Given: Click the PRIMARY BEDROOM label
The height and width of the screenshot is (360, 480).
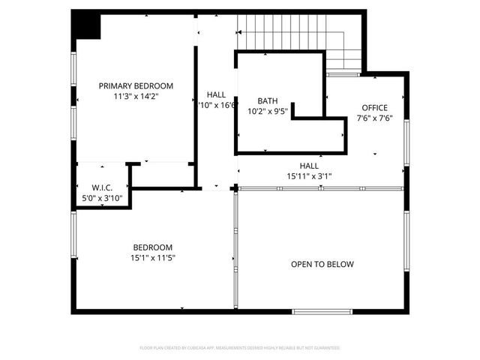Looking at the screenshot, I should click(x=136, y=85).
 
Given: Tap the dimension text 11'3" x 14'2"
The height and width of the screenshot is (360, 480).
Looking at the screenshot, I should click(x=136, y=96).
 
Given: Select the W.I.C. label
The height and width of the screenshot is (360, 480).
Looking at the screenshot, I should click(x=102, y=187).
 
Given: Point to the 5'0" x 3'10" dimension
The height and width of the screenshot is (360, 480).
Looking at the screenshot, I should click(x=102, y=198).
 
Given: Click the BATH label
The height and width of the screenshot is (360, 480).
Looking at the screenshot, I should click(x=268, y=100).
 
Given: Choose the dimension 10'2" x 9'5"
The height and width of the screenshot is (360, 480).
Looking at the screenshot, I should click(x=268, y=111).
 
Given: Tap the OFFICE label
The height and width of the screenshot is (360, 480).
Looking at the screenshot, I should click(x=374, y=107).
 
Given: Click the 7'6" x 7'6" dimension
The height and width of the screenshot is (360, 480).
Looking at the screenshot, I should click(x=374, y=118).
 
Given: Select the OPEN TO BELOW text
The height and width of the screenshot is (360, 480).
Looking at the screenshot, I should click(x=322, y=264).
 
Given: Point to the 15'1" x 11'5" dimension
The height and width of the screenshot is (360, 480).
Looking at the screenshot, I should click(x=153, y=258).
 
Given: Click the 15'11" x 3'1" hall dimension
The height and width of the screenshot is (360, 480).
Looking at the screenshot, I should click(x=309, y=176).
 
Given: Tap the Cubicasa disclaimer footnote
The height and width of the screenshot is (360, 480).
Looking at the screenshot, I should click(x=240, y=348).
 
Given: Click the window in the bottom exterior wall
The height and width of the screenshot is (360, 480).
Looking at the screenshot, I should click(x=322, y=311).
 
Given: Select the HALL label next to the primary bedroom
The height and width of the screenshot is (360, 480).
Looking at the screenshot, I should click(x=216, y=94).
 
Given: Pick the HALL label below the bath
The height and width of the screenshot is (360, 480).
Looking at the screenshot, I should click(x=309, y=166).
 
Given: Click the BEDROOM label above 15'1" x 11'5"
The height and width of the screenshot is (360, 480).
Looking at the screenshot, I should click(x=153, y=247).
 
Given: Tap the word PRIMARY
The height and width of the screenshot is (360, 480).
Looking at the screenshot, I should click(x=116, y=85).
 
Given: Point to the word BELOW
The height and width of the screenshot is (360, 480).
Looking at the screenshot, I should click(x=340, y=264).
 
